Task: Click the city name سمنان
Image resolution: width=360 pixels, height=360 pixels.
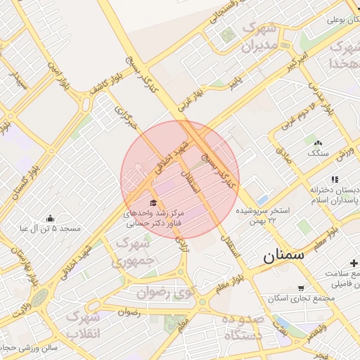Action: click(284, 255)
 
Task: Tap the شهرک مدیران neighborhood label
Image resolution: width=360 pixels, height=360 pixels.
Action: click(257, 39)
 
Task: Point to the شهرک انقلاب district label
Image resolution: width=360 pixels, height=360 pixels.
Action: click(83, 324)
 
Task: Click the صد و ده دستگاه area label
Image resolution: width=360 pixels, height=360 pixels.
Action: click(241, 327)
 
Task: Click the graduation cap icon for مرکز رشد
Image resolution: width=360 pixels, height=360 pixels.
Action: click(153, 202)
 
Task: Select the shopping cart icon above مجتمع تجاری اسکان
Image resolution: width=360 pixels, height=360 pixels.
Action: click(301, 288)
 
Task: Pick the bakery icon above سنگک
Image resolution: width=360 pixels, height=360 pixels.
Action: click(317, 142)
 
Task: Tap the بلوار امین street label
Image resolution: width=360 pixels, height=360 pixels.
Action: click(59, 73)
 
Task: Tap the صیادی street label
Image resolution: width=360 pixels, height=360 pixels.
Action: click(284, 155)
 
